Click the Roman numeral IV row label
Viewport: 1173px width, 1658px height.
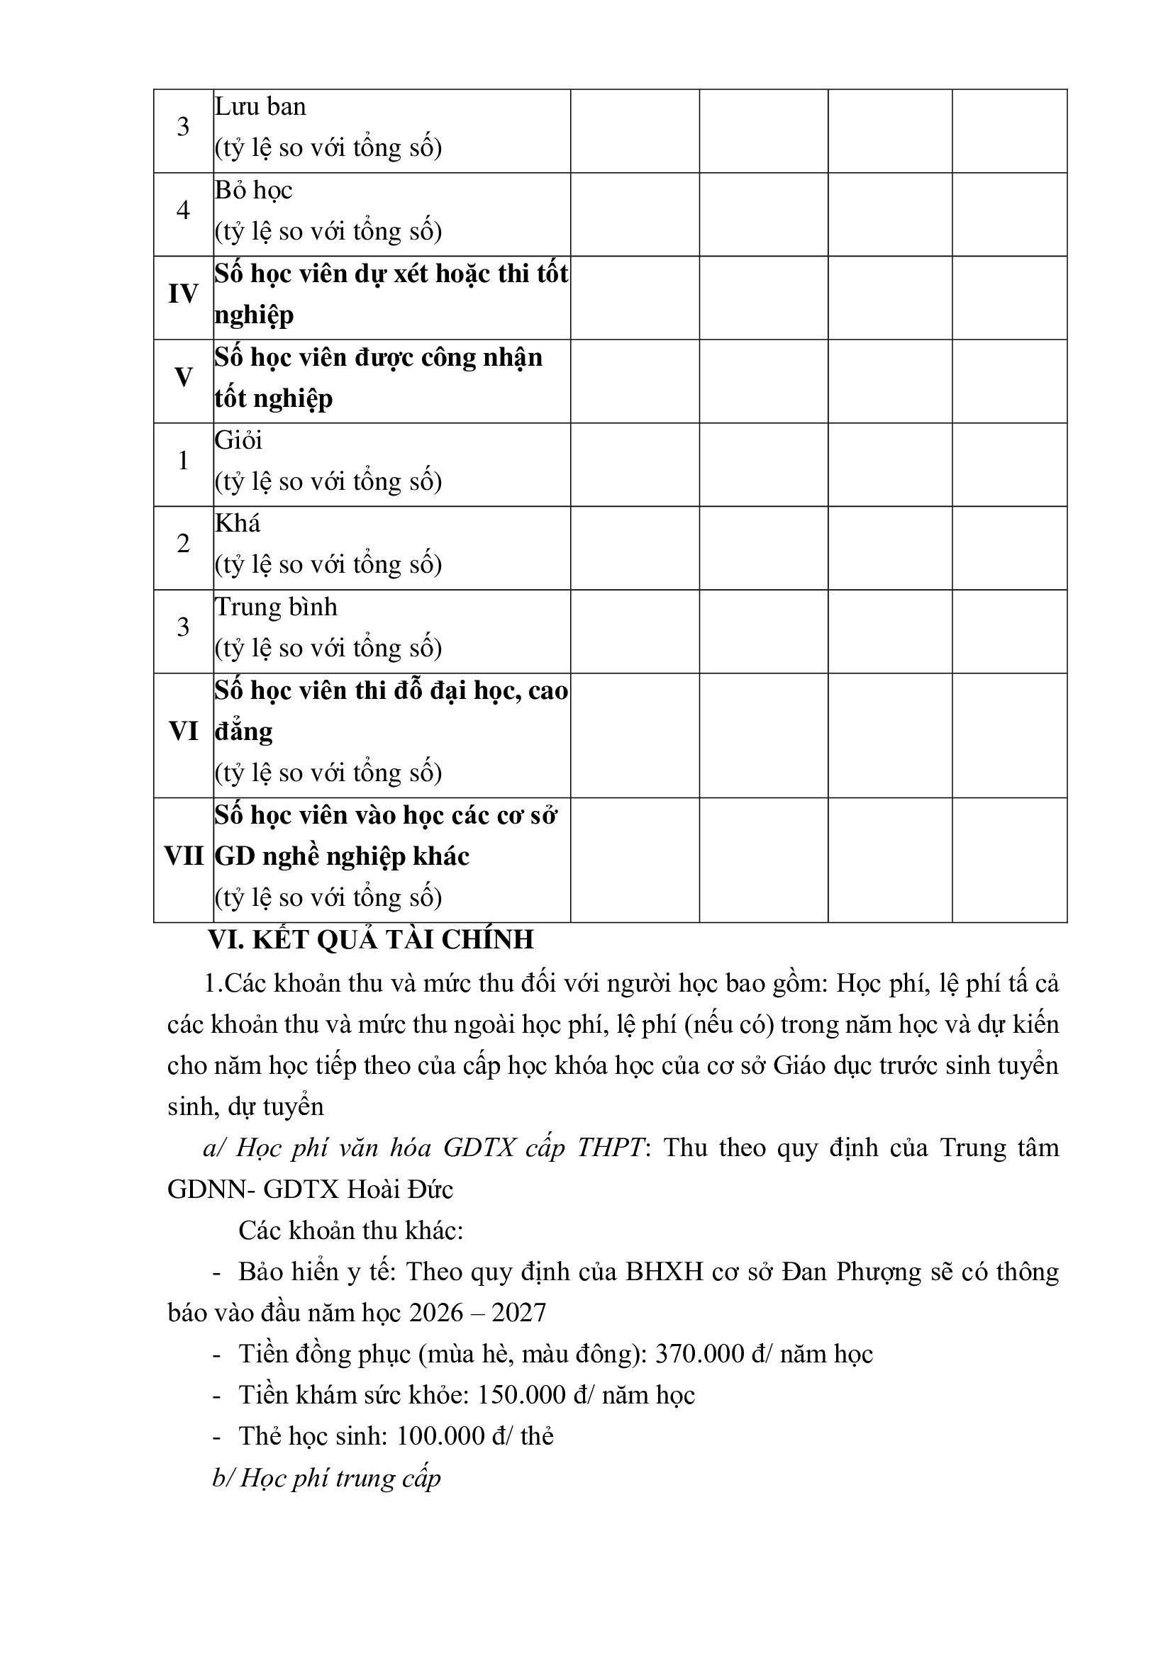tap(183, 295)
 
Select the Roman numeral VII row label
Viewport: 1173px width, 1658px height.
tap(184, 857)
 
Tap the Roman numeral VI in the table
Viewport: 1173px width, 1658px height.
tap(184, 732)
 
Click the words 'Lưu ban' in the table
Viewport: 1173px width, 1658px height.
tap(260, 107)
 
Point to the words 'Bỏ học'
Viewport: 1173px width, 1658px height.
tap(253, 191)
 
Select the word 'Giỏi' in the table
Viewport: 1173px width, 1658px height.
tap(238, 440)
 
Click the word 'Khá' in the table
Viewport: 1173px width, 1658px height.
tap(238, 524)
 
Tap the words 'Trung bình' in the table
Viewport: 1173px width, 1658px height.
tap(276, 607)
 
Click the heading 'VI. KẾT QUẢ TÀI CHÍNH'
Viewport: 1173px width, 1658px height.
tap(370, 939)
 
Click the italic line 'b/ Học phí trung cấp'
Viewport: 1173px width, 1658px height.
tap(326, 1478)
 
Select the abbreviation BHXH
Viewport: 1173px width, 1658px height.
tap(664, 1272)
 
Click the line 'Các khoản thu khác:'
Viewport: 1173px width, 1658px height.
tap(350, 1231)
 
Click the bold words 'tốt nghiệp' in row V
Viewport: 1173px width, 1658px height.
tap(274, 398)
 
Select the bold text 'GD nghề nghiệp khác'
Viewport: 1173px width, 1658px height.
tap(343, 857)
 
